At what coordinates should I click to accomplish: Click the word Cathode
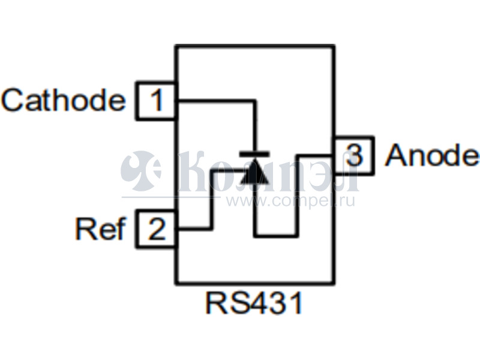63,101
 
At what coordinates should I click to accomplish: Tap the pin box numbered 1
156,101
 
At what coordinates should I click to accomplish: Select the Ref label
100,229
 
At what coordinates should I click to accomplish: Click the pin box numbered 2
156,230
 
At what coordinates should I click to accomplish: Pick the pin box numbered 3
354,156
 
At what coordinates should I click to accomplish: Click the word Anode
432,155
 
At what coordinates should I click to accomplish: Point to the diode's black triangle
254,173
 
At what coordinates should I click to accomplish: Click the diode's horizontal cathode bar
254,154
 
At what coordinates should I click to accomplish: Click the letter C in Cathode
13,101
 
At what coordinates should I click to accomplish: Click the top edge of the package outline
254,46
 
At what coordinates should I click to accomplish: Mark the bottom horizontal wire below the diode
276,235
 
